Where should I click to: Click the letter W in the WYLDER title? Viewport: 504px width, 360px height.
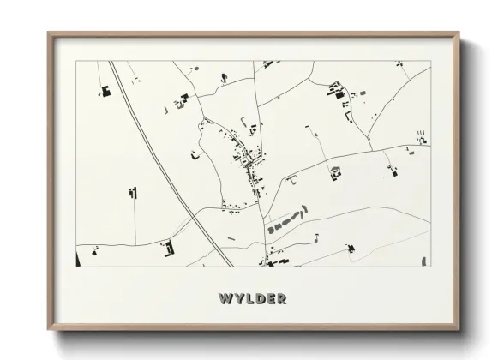[x=225, y=298]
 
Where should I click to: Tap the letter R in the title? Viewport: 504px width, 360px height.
[x=281, y=298]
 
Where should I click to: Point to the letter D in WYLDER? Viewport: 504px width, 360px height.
[x=259, y=298]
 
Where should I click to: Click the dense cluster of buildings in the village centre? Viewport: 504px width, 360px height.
[x=247, y=159]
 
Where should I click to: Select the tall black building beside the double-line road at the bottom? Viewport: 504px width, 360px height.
[x=169, y=248]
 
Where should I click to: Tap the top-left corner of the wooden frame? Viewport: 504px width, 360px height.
[x=51, y=35]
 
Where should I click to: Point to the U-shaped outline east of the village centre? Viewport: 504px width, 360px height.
[x=293, y=179]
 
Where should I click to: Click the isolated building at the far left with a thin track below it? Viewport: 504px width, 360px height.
[x=132, y=191]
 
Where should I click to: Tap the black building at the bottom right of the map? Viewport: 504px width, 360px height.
[x=350, y=249]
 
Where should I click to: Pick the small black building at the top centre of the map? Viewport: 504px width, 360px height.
[x=224, y=77]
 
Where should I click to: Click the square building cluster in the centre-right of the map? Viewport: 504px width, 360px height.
[x=335, y=172]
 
